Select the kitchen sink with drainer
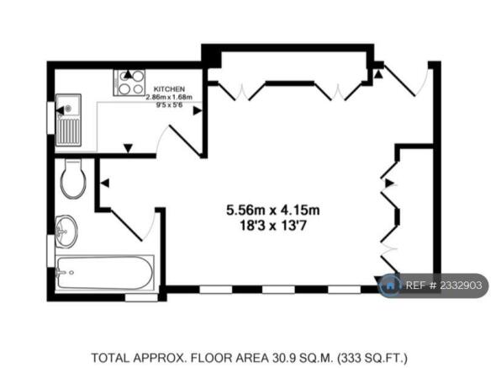(68, 120)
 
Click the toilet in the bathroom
(72, 179)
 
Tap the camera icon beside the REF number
(390, 286)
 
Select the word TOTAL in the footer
(110, 358)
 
